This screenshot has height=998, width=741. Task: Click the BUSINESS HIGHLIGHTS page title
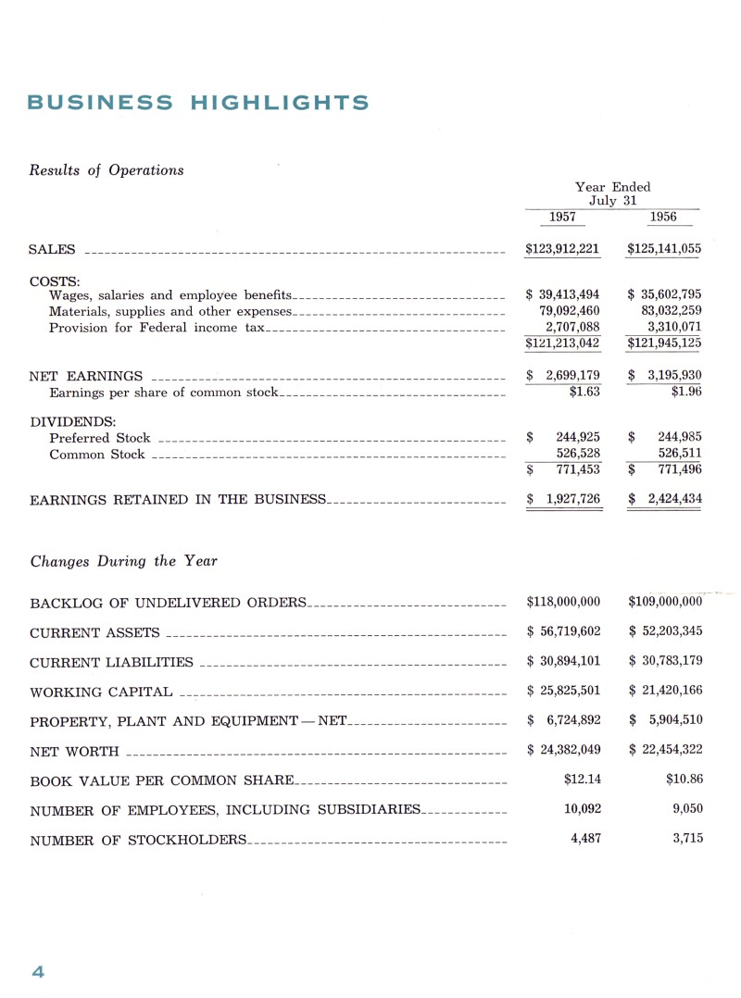[x=198, y=103]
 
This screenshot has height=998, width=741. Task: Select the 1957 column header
[x=562, y=218]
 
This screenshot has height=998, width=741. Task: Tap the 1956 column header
[x=663, y=218]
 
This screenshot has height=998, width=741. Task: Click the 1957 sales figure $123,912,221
[x=562, y=249]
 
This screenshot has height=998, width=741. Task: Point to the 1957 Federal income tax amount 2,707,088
[x=571, y=328]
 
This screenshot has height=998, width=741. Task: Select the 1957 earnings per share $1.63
[x=584, y=393]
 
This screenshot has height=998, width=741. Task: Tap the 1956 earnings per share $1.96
[x=686, y=393]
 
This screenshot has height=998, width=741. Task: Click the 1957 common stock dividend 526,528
[x=578, y=454]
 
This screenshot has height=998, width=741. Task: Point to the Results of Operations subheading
[x=107, y=170]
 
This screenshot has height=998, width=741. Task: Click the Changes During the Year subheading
[x=124, y=561]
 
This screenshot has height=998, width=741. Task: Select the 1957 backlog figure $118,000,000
[x=563, y=603]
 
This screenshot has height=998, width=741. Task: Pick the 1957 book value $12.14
[x=582, y=780]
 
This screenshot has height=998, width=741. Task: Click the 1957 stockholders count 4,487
[x=582, y=840]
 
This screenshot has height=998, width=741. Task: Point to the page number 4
[x=38, y=971]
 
